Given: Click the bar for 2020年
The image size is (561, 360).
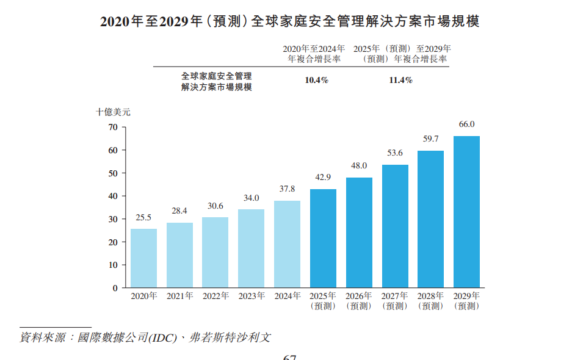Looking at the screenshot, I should click(x=143, y=258).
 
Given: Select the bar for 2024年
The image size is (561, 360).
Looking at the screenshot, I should click(x=287, y=244).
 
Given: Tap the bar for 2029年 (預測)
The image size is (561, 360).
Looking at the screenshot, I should click(x=466, y=212).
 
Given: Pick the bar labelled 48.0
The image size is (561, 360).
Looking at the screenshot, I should click(x=359, y=232).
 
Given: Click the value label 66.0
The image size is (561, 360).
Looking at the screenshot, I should click(x=466, y=124).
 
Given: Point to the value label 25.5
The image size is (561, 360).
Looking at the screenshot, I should click(x=143, y=217).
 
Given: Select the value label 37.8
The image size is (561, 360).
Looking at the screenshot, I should click(x=287, y=189).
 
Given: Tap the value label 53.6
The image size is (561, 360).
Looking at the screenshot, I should click(x=395, y=153).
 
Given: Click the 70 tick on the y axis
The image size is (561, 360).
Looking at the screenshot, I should click(x=112, y=128).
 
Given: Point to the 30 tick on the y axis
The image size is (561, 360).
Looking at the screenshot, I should click(x=112, y=220).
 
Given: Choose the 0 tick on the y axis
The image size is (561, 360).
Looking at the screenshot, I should click(x=115, y=288).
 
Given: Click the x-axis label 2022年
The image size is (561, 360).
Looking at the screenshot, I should click(x=215, y=296).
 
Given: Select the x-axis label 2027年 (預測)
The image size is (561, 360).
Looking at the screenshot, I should click(x=395, y=301).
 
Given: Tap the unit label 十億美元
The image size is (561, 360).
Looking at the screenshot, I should click(x=113, y=112).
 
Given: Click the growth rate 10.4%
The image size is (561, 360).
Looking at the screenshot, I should click(x=317, y=81).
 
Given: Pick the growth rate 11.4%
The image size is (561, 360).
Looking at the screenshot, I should click(x=401, y=81).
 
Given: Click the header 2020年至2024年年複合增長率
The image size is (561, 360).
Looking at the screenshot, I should click(x=314, y=54).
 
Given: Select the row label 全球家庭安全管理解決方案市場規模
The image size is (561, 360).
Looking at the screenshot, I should click(x=217, y=81).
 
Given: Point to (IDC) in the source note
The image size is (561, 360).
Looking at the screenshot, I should click(x=163, y=337).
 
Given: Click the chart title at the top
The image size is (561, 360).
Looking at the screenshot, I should click(x=289, y=21).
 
